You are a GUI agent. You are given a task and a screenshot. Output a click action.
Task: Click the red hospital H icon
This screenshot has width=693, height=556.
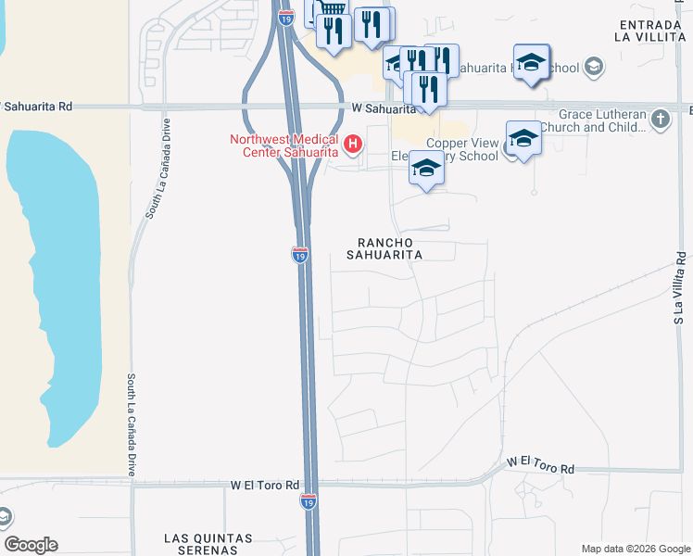352,144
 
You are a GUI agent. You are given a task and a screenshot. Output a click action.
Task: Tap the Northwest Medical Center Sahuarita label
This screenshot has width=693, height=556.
285,146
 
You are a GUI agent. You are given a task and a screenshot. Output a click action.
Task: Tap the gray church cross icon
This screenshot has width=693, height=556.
660,119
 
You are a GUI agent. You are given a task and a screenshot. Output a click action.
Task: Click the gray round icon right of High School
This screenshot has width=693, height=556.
593,67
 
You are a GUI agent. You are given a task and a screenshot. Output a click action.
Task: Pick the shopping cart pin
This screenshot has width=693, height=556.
331,9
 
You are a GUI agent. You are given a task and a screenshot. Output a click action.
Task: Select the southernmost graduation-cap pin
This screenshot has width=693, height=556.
426,169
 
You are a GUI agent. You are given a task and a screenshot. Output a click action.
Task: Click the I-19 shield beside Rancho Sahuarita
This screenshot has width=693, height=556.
299,255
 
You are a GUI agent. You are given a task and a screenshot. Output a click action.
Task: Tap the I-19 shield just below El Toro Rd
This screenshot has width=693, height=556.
309,501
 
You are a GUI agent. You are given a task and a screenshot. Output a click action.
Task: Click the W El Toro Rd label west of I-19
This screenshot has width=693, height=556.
265,485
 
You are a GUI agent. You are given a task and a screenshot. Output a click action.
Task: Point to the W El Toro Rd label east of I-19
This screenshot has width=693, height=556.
540,463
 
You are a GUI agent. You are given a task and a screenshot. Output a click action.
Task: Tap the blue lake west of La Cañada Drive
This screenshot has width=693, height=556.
56,278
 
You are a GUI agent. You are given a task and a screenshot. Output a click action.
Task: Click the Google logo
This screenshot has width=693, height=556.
31,545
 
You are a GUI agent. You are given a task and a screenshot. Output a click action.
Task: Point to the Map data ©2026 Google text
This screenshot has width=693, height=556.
636,549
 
